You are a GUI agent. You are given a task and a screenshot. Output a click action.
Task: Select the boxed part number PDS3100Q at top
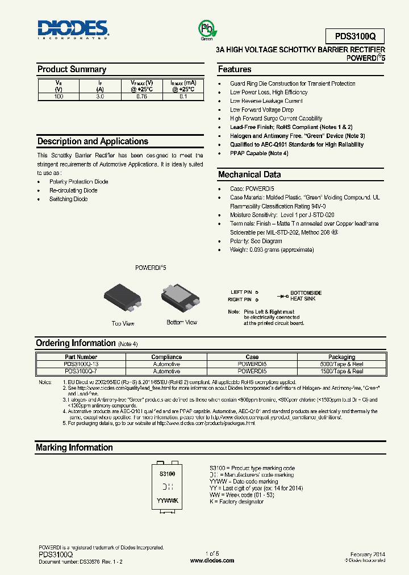pos(355,36)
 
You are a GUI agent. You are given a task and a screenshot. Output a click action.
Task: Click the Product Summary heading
pos(72,69)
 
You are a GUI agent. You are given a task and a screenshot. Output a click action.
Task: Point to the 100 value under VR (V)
pos(58,97)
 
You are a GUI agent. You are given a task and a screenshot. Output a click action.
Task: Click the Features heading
pos(235,69)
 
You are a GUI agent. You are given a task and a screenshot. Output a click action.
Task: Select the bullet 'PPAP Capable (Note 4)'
pos(258,153)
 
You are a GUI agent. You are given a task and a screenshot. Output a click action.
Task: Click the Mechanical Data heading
pos(249,175)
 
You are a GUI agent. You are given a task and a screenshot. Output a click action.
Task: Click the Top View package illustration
pos(122,299)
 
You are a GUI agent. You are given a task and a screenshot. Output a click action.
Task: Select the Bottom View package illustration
pos(181,299)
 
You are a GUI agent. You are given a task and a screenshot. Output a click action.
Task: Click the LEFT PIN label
pos(241,293)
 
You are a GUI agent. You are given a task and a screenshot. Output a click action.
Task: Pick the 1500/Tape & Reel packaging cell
pos(341,372)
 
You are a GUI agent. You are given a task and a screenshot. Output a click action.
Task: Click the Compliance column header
pos(166,357)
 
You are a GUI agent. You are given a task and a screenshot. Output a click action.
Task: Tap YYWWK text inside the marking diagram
pos(168,501)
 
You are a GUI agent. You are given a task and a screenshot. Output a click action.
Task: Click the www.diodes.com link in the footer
pos(212,560)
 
